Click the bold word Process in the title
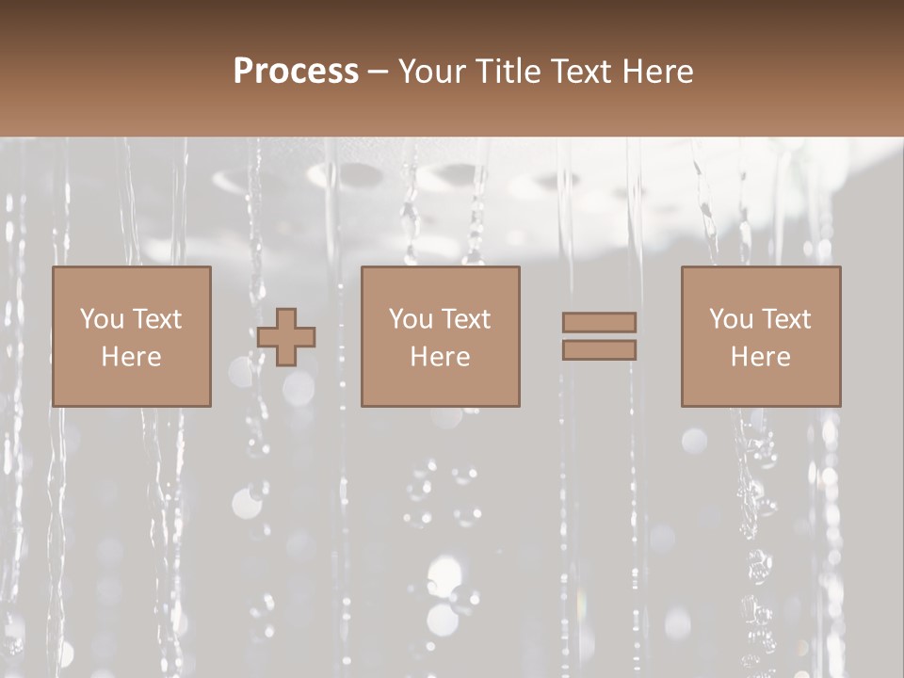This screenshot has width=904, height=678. [x=296, y=72]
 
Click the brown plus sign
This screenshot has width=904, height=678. [x=286, y=337]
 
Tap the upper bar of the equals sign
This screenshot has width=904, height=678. [x=599, y=322]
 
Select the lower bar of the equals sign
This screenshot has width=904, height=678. [x=599, y=350]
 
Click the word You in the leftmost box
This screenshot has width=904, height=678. [x=102, y=319]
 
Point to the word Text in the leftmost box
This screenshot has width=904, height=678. [x=155, y=319]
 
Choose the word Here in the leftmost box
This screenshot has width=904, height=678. [x=131, y=357]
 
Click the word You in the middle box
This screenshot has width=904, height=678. [x=411, y=319]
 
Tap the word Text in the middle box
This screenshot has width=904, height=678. [x=465, y=319]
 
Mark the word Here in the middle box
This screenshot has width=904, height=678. [x=440, y=357]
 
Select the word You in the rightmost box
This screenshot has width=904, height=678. [x=731, y=319]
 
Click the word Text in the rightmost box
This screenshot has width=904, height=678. [x=785, y=319]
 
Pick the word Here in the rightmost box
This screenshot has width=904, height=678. [x=760, y=357]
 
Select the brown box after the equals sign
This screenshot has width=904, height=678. [x=761, y=386]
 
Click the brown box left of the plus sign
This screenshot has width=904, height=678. [x=132, y=386]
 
